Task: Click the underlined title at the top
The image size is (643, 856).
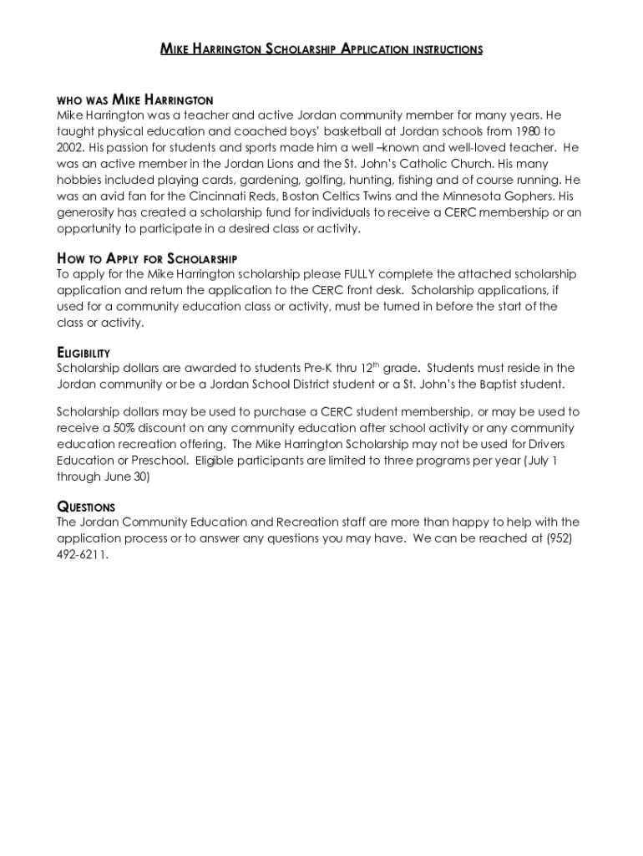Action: pos(321,49)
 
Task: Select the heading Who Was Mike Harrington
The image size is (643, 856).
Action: pos(135,99)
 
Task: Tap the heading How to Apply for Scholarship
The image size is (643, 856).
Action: pos(147,257)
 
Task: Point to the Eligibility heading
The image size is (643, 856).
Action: pos(84,353)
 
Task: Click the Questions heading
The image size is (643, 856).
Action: pos(86,507)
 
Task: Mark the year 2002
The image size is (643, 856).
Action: pos(71,148)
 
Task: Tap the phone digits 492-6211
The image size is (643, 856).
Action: pos(83,554)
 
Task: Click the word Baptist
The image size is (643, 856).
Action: pos(479,385)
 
